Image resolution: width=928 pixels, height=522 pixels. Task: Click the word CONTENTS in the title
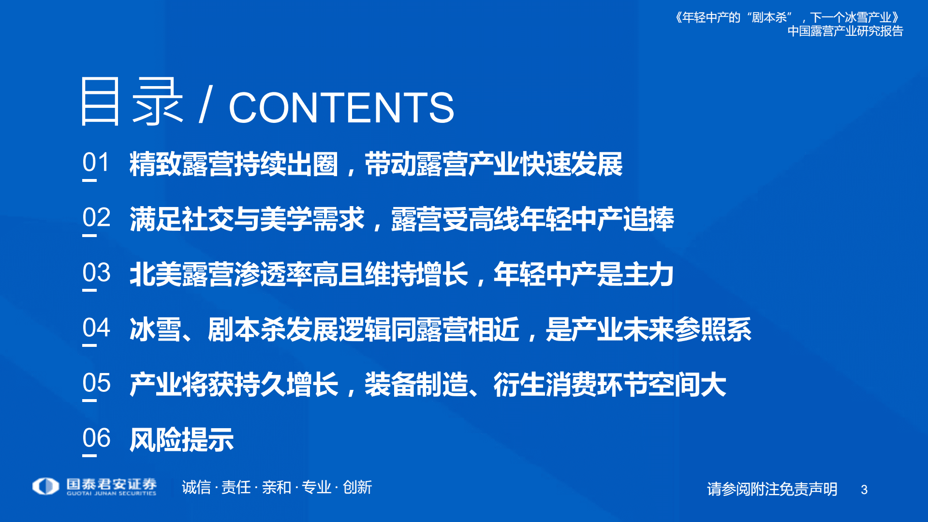[341, 107]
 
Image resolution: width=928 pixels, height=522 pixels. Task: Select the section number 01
[96, 163]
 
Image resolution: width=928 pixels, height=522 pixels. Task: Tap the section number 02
[96, 218]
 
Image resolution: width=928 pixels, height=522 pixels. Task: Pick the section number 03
[96, 273]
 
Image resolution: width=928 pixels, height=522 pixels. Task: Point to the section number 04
[96, 328]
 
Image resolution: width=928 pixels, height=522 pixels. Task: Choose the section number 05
[96, 383]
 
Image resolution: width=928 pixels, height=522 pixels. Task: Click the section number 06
[96, 438]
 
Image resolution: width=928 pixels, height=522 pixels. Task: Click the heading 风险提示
[181, 440]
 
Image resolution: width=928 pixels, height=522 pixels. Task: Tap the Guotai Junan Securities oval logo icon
[45, 486]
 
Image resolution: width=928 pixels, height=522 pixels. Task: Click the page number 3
[864, 490]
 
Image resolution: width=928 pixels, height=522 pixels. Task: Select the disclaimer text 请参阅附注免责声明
[772, 489]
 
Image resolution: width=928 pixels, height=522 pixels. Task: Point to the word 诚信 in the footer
[196, 487]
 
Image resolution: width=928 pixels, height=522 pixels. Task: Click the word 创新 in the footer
[357, 487]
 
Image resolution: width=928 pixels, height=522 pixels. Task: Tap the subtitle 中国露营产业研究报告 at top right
[845, 31]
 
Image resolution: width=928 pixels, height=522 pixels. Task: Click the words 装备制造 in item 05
[416, 385]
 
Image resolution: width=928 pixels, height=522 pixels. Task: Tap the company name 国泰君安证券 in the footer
[111, 483]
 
